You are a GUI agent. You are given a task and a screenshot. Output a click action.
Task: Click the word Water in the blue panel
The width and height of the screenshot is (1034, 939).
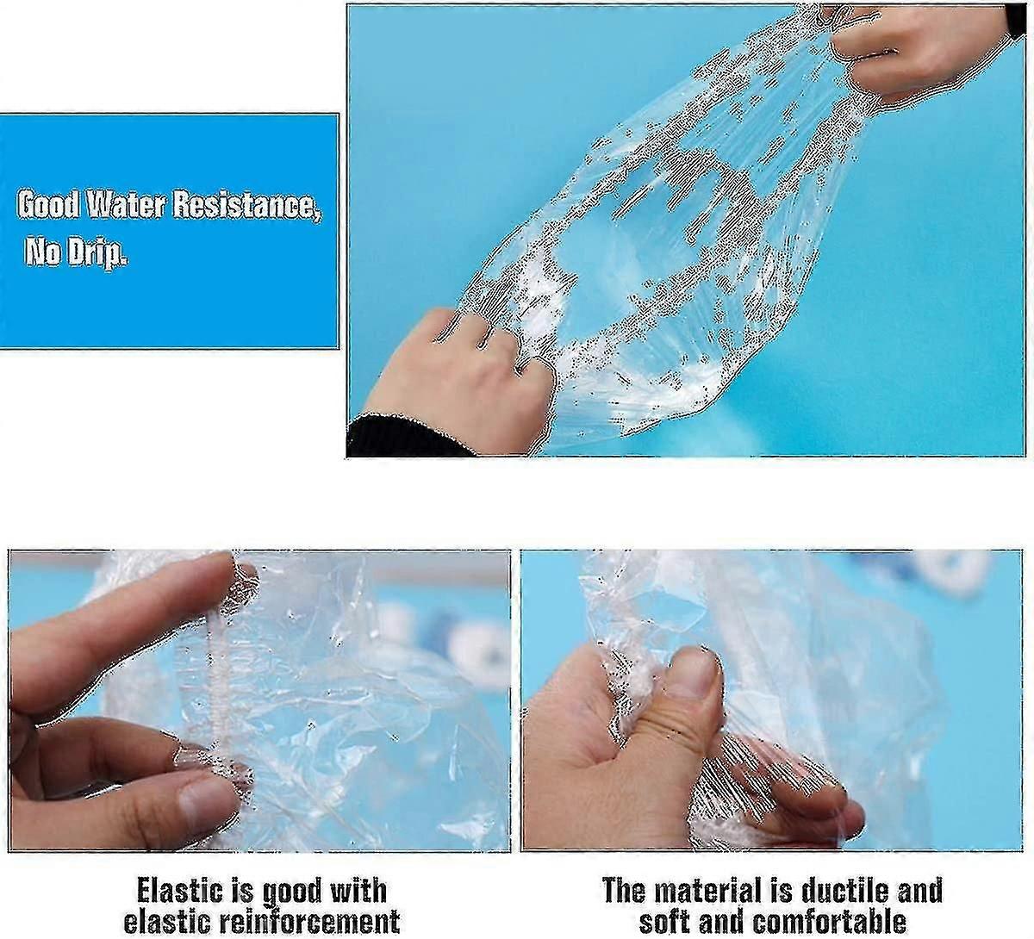(x=125, y=206)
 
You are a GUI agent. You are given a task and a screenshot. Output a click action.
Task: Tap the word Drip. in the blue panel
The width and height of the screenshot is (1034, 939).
(x=97, y=252)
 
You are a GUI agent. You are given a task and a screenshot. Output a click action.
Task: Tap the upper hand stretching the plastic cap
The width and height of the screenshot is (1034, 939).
(x=928, y=52)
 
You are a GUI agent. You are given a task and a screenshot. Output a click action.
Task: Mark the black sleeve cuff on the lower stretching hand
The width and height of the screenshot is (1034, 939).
(x=408, y=438)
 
